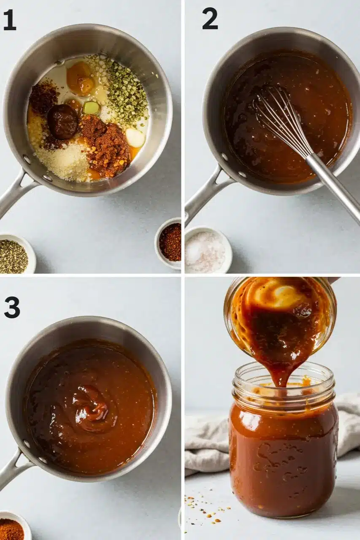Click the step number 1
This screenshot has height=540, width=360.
pos(10,21)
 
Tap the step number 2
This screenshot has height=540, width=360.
pos(210,20)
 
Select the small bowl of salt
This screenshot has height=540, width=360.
pos(206,250)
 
